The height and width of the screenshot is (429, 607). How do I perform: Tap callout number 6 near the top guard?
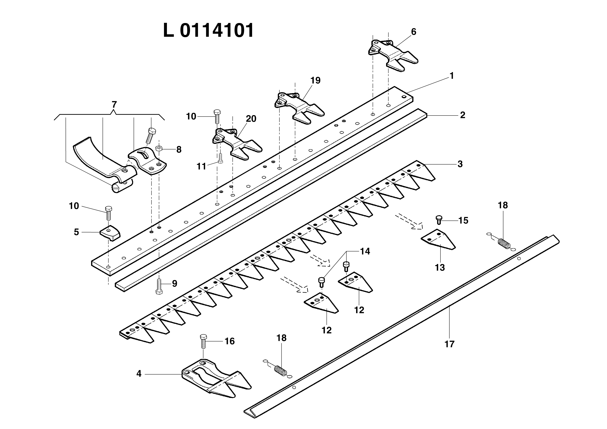pyautogui.click(x=414, y=32)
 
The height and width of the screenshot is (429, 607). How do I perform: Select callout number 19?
pyautogui.click(x=315, y=80)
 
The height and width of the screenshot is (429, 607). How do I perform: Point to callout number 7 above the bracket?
pyautogui.click(x=114, y=105)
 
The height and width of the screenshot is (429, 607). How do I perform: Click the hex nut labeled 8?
pyautogui.click(x=159, y=149)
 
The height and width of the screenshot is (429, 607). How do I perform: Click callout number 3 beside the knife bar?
pyautogui.click(x=460, y=164)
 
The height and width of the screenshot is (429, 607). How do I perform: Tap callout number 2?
pyautogui.click(x=462, y=115)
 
